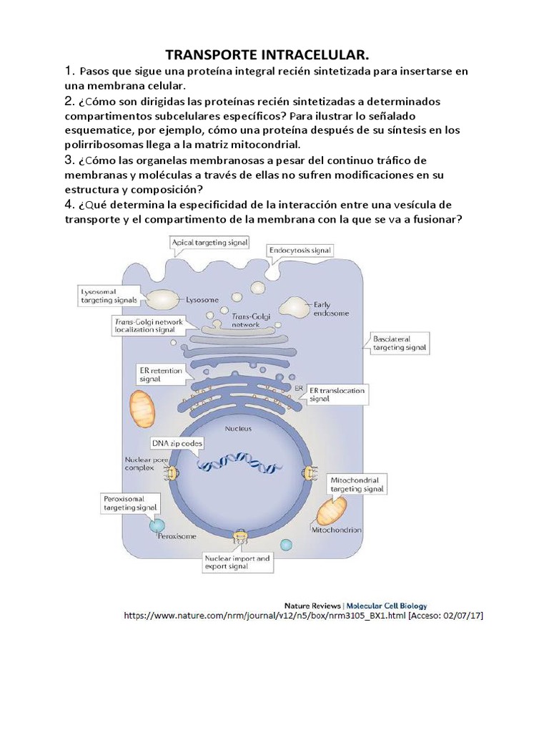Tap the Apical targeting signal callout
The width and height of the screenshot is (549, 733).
(209, 243)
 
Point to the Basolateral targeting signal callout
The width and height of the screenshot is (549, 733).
(400, 342)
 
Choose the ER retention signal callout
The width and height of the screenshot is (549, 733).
(159, 374)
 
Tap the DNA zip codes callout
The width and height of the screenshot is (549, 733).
(177, 444)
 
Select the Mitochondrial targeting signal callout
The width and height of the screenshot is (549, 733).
(357, 484)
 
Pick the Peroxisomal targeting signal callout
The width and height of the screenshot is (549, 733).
(127, 501)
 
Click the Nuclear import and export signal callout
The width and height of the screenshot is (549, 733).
(237, 562)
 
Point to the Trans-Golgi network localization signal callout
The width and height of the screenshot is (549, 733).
(149, 326)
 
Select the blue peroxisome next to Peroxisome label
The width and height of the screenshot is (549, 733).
(157, 526)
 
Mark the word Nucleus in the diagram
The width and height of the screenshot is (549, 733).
(238, 429)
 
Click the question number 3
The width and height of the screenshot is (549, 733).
(69, 159)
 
